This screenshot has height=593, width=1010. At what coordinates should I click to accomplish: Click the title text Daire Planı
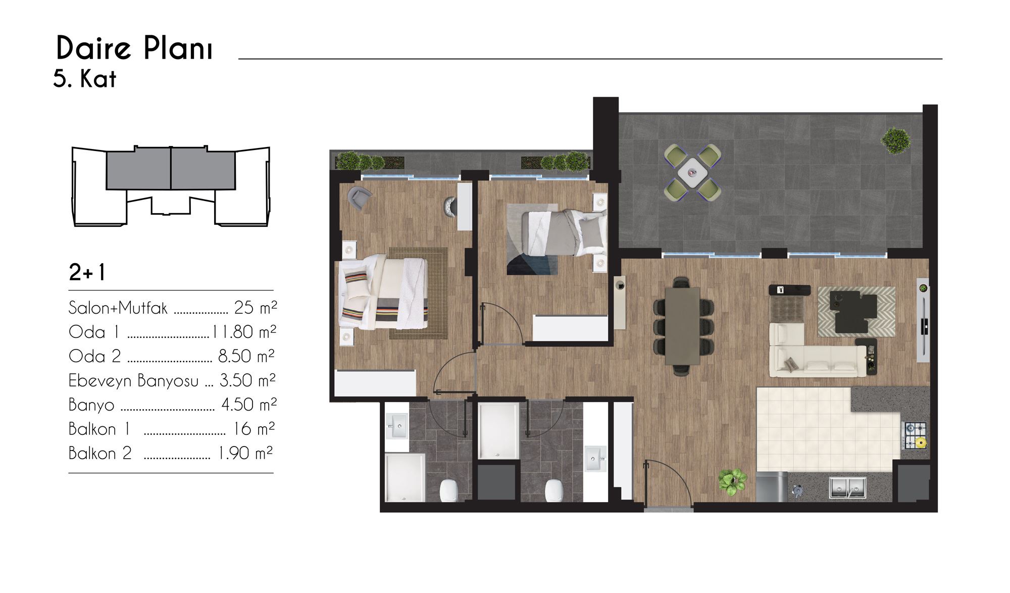pyautogui.click(x=134, y=48)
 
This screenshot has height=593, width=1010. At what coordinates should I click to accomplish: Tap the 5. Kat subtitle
pyautogui.click(x=85, y=79)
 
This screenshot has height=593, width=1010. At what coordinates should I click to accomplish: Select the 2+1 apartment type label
pyautogui.click(x=87, y=273)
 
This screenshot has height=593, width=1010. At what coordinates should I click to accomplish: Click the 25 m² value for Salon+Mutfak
pyautogui.click(x=256, y=307)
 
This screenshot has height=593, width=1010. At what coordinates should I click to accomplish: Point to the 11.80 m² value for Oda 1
pyautogui.click(x=244, y=332)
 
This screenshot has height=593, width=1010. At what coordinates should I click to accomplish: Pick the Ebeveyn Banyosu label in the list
pyautogui.click(x=133, y=380)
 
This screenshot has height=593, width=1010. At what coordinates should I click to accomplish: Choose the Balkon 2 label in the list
pyautogui.click(x=100, y=453)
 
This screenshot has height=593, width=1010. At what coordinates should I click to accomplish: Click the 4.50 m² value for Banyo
pyautogui.click(x=249, y=405)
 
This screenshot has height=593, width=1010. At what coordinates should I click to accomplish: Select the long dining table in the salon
pyautogui.click(x=683, y=326)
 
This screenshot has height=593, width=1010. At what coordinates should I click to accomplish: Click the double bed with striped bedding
pyautogui.click(x=384, y=293)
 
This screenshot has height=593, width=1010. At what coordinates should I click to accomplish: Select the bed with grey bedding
pyautogui.click(x=563, y=233)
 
